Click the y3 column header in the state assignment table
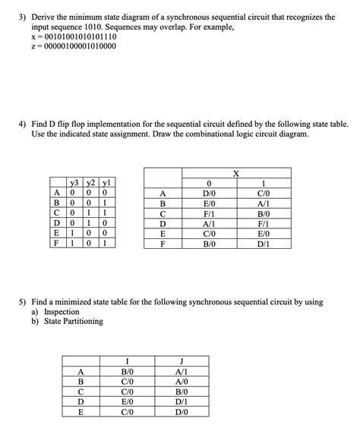(74, 182)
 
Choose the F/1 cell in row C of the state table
(207, 214)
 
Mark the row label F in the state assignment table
(57, 245)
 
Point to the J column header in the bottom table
(181, 360)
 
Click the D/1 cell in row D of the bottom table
(181, 402)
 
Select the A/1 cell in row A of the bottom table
(181, 371)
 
